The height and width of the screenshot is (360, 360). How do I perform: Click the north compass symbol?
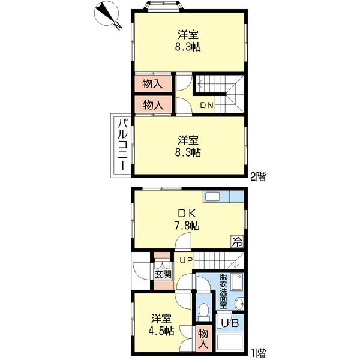pos(107,15)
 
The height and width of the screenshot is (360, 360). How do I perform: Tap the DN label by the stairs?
pos(206,106)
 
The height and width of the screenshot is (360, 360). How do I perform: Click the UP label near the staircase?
pos(187,260)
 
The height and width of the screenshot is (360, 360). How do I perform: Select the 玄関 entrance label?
pos(163,274)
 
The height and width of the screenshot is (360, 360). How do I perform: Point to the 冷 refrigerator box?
pos(237,241)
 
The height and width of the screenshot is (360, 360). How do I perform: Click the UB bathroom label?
pos(230,323)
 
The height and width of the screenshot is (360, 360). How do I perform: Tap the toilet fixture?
pos(203,311)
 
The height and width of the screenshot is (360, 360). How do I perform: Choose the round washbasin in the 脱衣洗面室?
pos(239,304)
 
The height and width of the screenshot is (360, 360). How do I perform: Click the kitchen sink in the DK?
pos(212,197)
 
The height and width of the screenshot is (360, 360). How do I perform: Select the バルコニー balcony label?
pos(122,145)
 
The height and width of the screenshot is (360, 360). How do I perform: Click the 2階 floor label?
pos(258,177)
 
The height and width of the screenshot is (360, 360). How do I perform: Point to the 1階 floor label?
pos(258,353)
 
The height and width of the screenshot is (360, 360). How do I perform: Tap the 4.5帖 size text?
pos(161,331)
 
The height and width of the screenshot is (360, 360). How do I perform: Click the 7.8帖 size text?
pos(187,226)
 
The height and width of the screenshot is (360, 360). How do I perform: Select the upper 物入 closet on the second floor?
pos(153,84)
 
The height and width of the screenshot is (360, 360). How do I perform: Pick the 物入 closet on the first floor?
pos(203,338)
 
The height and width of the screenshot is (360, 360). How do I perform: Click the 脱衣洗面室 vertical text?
pos(224,291)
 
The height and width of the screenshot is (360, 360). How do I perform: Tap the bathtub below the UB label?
pos(230,343)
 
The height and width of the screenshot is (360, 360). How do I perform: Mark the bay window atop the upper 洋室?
pos(163,5)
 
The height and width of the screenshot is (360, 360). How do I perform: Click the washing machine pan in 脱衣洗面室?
pos(237,281)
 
